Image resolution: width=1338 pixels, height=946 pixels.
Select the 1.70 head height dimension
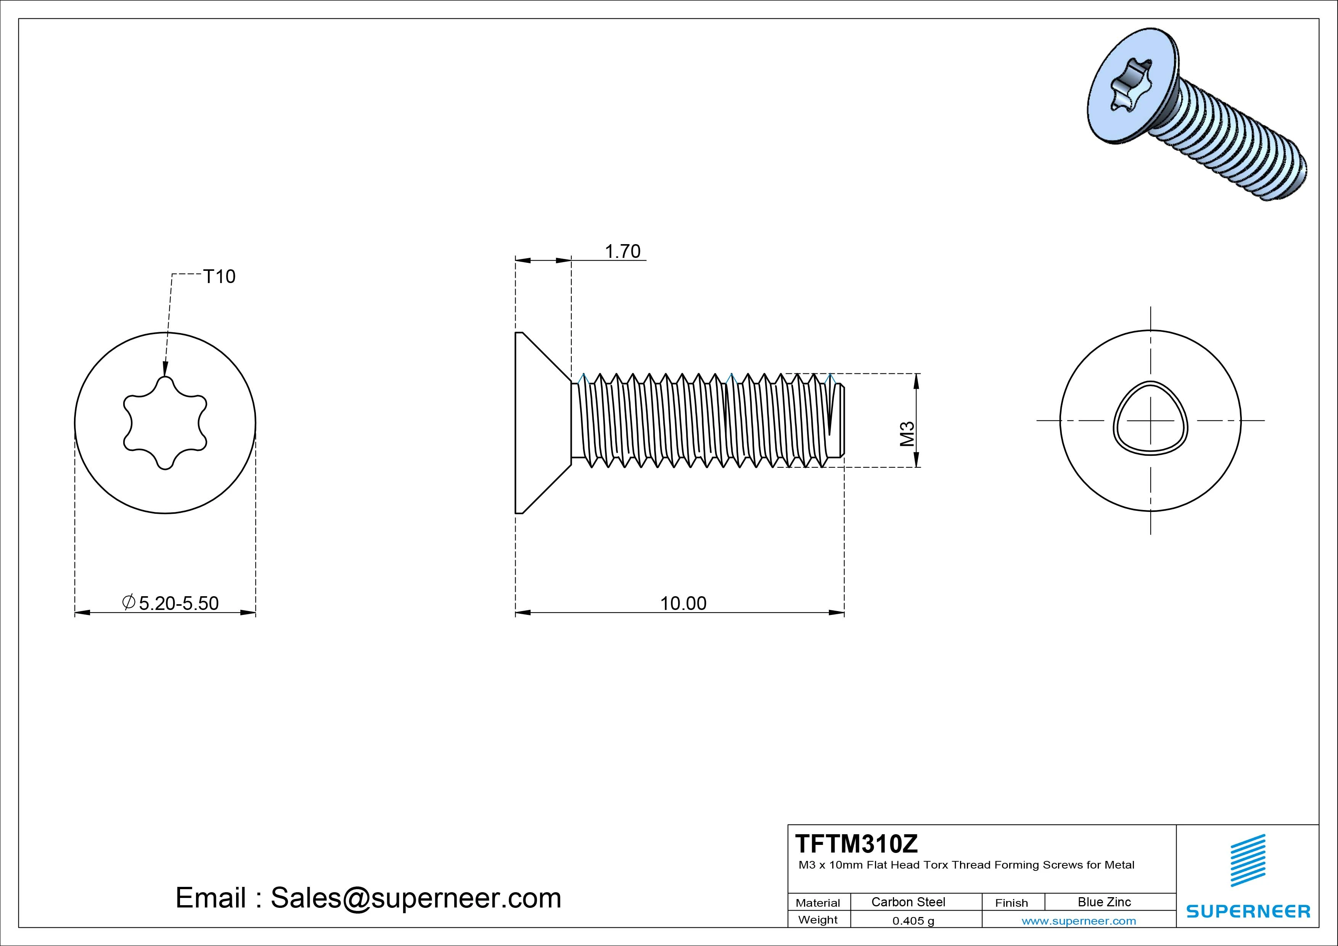(622, 251)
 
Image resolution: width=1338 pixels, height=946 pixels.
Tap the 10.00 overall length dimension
(683, 603)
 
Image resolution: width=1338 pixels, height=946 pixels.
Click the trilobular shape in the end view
(1150, 418)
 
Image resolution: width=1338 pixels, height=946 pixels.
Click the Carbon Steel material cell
(908, 902)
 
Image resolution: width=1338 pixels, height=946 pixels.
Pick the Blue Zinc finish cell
(1104, 902)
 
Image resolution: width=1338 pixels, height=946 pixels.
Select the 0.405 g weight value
(913, 921)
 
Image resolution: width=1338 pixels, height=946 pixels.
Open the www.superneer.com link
(1079, 921)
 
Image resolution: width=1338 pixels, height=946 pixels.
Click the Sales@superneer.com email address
(415, 898)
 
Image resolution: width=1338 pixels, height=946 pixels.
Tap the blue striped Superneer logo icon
(1248, 860)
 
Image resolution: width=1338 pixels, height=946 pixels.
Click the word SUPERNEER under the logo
(1248, 911)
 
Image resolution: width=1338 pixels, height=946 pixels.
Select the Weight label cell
(818, 920)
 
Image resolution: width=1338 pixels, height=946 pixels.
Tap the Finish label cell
(1011, 902)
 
